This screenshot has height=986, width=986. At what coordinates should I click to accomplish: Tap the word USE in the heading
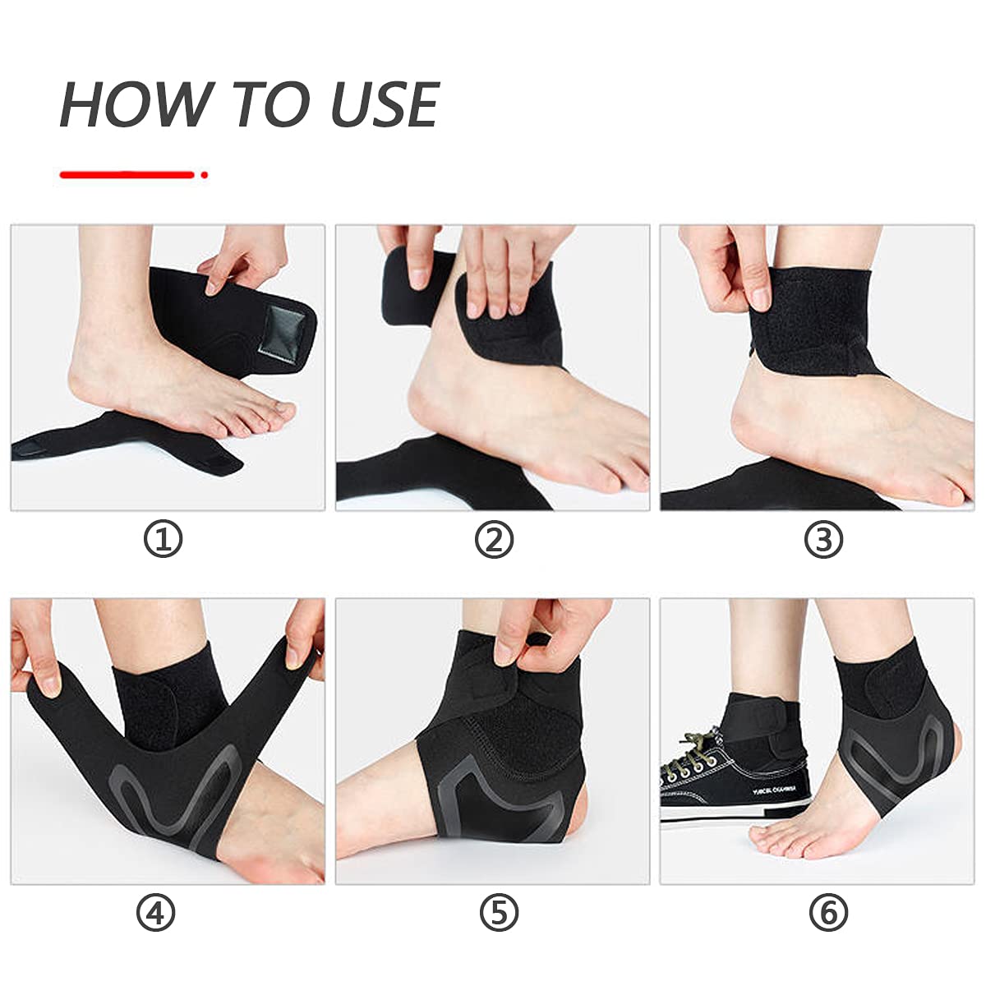pyautogui.click(x=384, y=104)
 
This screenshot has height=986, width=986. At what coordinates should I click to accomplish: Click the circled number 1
pyautogui.click(x=163, y=540)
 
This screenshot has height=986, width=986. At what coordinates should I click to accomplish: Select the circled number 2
pyautogui.click(x=494, y=540)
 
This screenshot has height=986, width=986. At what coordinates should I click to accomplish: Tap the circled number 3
pyautogui.click(x=823, y=540)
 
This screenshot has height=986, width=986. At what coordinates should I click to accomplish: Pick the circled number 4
pyautogui.click(x=156, y=913)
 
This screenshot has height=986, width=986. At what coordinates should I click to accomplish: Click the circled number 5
pyautogui.click(x=499, y=913)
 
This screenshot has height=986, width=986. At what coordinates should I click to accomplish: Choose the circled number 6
pyautogui.click(x=828, y=913)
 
